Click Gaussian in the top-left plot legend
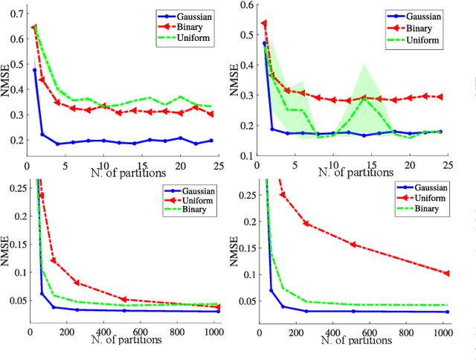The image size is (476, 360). pos(196,14)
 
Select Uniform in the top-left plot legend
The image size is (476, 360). pos(194,37)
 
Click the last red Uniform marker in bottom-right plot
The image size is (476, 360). pos(447,273)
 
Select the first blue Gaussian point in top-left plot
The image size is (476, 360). pos(34,70)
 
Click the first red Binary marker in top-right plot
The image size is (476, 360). pos(264,24)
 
